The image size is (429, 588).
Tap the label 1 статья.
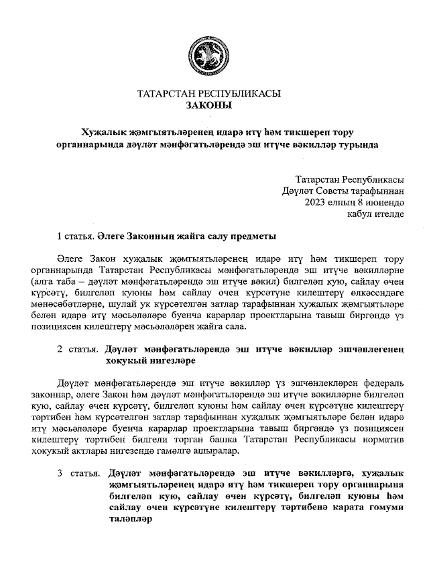tap(74, 236)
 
